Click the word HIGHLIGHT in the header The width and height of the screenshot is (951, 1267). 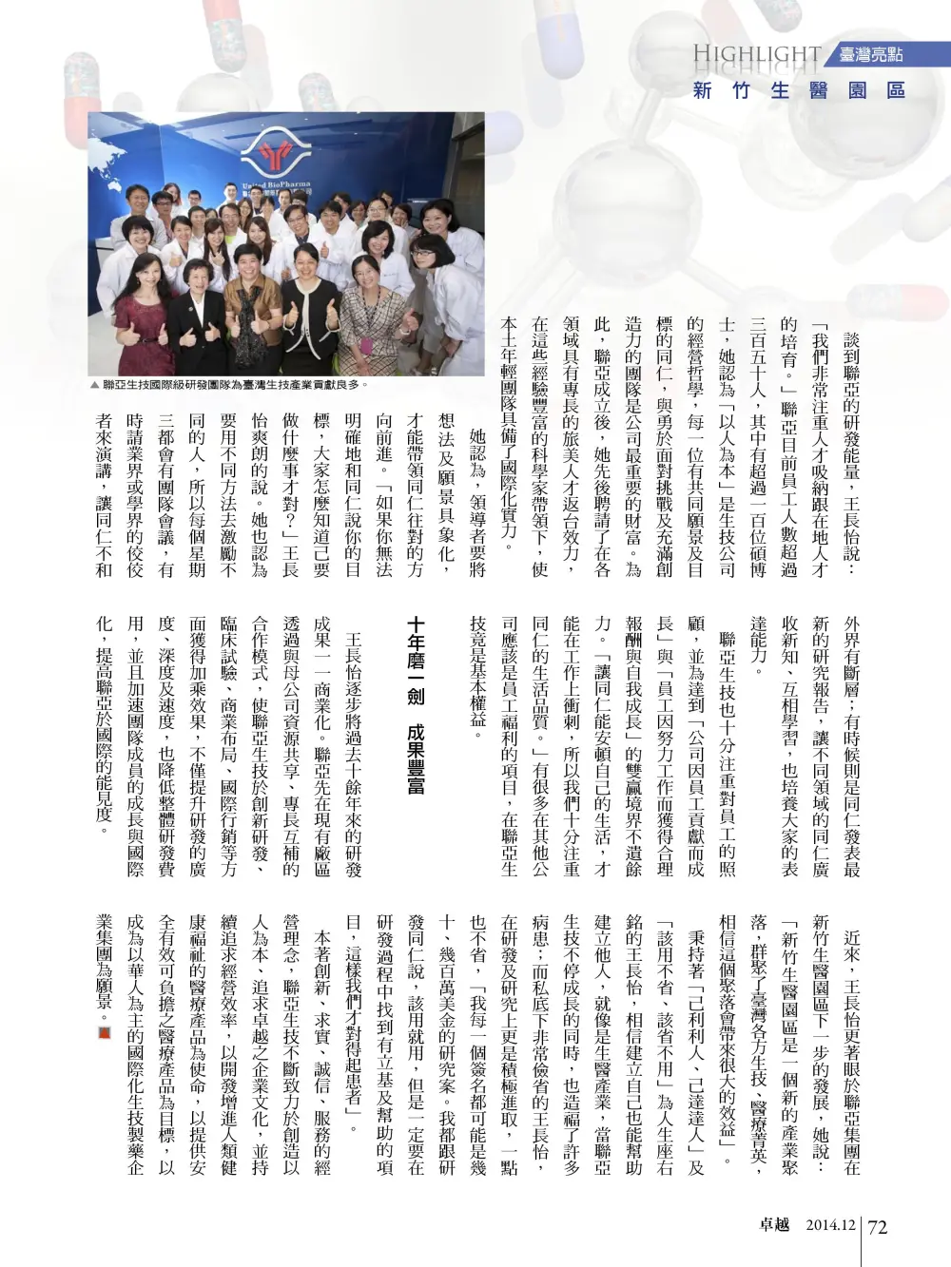pos(757,54)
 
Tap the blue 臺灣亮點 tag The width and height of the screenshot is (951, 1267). pos(870,55)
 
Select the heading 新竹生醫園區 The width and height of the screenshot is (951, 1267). pos(798,91)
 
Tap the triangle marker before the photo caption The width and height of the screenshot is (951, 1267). pos(94,386)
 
